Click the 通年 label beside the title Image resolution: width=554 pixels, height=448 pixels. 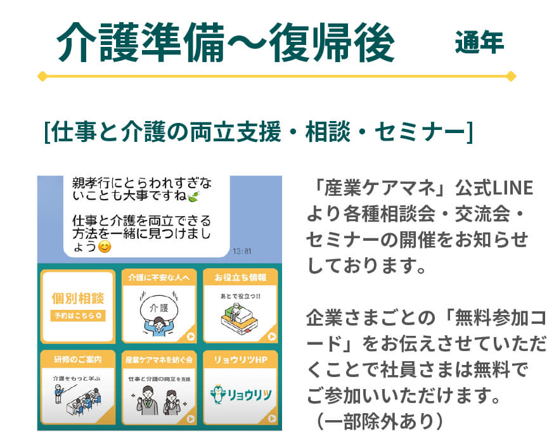click(x=479, y=42)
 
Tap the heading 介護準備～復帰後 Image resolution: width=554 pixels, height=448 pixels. click(x=225, y=42)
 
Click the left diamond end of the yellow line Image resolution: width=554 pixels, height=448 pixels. click(x=42, y=76)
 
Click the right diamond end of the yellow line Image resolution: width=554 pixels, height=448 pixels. click(x=511, y=76)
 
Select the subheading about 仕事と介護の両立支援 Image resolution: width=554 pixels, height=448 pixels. click(x=258, y=131)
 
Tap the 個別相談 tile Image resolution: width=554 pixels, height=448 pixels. click(x=78, y=306)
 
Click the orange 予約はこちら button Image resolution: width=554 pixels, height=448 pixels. click(x=78, y=316)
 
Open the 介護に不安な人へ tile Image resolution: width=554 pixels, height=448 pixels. click(x=159, y=306)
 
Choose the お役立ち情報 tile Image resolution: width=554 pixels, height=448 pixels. click(x=240, y=306)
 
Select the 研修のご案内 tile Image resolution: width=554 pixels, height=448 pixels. click(x=78, y=388)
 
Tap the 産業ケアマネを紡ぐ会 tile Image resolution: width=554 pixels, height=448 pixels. click(x=159, y=388)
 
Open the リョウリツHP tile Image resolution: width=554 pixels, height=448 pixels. click(x=240, y=388)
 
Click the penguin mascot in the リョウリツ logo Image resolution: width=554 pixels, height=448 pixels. click(x=217, y=394)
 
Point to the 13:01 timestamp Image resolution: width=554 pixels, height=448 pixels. click(x=242, y=251)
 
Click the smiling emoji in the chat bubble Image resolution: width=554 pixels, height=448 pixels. click(x=105, y=246)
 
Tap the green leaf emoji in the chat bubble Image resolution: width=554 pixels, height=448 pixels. click(x=194, y=196)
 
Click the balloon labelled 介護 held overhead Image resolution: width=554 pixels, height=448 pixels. click(x=159, y=309)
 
